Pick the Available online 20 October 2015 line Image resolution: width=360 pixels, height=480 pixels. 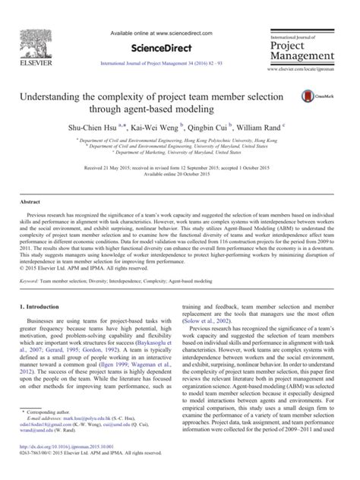(x=179, y=171)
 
